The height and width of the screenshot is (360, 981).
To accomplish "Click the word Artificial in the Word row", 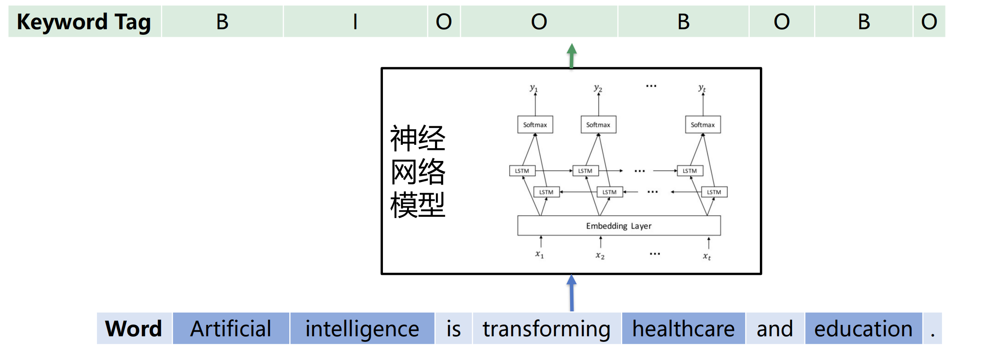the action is (231, 329).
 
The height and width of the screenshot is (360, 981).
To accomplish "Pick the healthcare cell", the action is (683, 329).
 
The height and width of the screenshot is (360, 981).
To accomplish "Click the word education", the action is (863, 329).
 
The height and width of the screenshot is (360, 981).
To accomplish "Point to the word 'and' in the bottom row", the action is (775, 329).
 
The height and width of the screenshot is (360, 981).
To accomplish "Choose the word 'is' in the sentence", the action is (454, 329).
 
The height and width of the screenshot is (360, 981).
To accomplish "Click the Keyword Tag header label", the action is (84, 22).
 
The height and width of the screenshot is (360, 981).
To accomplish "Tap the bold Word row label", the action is (133, 329).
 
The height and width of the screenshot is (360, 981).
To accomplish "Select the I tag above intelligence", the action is (355, 22).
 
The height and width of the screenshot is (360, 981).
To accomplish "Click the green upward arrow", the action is (572, 55).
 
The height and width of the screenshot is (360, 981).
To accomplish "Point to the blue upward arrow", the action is (572, 293).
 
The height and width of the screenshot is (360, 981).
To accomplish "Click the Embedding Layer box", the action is (619, 226).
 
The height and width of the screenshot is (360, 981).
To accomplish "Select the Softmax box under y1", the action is (535, 125).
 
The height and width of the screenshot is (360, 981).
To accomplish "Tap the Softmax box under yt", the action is (703, 125).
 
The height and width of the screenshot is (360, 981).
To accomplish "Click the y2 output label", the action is (598, 88).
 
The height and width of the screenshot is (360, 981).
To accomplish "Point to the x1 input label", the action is (539, 254).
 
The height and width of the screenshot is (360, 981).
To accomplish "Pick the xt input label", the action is (707, 256).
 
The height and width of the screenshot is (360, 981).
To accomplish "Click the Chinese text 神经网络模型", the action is (418, 171).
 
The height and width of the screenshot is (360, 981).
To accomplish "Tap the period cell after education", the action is (933, 329).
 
